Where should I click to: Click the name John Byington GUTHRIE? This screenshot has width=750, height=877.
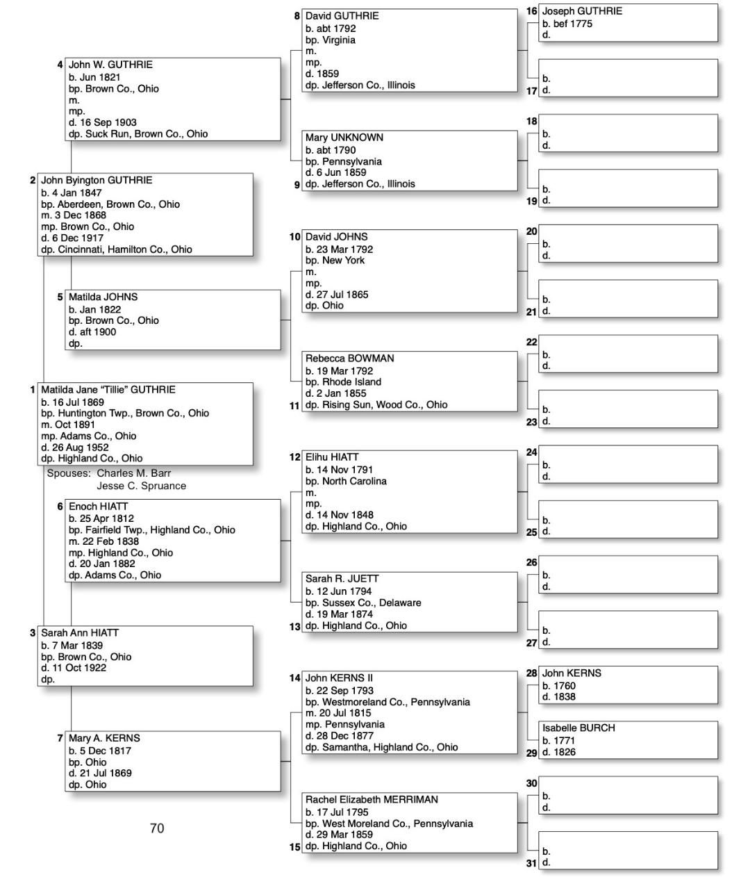click(96, 180)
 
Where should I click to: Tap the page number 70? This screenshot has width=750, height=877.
click(157, 828)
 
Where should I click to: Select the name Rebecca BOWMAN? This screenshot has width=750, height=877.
click(349, 359)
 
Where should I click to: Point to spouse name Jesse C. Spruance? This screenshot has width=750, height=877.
click(141, 486)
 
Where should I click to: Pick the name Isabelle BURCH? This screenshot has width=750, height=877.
click(578, 728)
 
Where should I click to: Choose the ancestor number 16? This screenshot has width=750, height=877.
click(531, 11)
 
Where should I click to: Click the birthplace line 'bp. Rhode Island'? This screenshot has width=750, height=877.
click(343, 382)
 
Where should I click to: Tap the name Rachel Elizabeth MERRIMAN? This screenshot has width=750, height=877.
click(372, 800)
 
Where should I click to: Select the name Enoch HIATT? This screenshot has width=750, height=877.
click(98, 507)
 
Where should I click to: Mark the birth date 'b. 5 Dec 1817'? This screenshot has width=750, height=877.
click(99, 751)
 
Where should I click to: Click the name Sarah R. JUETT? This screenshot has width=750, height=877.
click(342, 578)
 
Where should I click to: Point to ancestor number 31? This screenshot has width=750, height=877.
click(531, 863)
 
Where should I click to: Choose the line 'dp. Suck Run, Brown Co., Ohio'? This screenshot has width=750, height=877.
click(137, 133)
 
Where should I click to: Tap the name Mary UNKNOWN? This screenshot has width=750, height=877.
click(344, 138)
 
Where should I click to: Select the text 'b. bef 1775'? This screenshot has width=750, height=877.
click(567, 24)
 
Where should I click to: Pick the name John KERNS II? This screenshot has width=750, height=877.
click(339, 678)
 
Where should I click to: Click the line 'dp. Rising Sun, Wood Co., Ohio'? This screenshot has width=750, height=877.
click(376, 404)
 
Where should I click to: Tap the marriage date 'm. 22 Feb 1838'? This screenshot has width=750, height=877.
click(103, 541)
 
